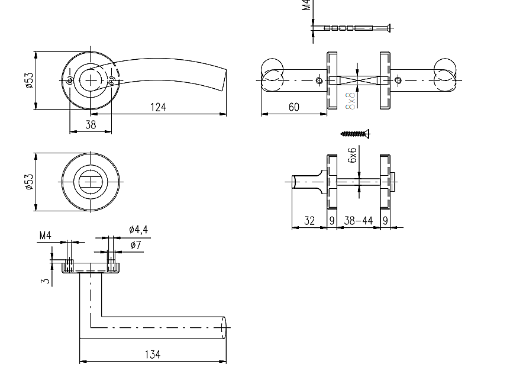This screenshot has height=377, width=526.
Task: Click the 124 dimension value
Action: (x=158, y=107)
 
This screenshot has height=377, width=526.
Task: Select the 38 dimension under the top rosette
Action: (x=91, y=125)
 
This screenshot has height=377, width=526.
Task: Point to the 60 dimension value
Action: (x=293, y=107)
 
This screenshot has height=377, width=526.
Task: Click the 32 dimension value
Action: (x=309, y=221)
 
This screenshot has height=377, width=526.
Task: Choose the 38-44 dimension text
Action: (x=359, y=221)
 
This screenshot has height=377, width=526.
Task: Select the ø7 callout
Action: (x=135, y=244)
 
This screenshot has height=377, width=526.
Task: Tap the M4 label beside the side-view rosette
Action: (x=46, y=236)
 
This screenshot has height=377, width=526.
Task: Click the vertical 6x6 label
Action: (x=353, y=155)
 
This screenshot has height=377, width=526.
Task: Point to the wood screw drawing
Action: (x=355, y=134)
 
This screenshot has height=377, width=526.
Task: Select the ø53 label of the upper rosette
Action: (x=27, y=80)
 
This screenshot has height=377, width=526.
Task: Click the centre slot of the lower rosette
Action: (x=91, y=182)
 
